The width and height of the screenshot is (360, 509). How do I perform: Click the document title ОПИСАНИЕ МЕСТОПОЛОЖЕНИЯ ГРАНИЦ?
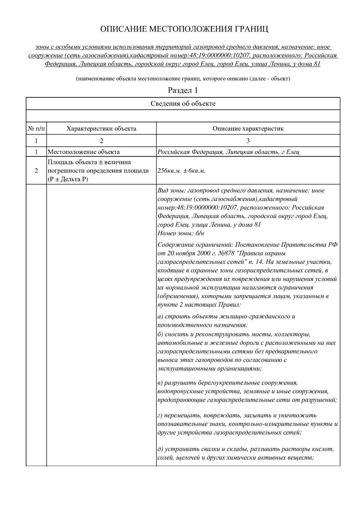pyautogui.click(x=184, y=29)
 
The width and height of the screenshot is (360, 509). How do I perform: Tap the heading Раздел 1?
pyautogui.click(x=183, y=90)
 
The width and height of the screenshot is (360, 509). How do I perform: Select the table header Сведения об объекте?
pyautogui.click(x=183, y=104)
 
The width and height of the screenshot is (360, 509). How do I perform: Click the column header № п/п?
pyautogui.click(x=36, y=129)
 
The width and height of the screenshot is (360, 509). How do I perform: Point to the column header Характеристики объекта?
pyautogui.click(x=101, y=129)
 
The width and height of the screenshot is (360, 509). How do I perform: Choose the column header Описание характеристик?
pyautogui.click(x=248, y=129)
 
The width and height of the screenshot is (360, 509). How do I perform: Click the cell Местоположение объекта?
pyautogui.click(x=84, y=152)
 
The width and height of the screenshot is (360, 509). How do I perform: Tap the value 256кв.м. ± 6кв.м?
pyautogui.click(x=181, y=171)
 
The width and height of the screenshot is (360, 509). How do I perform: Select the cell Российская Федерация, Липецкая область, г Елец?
pyautogui.click(x=228, y=152)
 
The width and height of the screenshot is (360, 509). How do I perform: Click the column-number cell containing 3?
pyautogui.click(x=248, y=141)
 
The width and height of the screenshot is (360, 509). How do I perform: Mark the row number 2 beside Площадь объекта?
pyautogui.click(x=36, y=171)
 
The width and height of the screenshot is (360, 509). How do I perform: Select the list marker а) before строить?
pyautogui.click(x=160, y=317)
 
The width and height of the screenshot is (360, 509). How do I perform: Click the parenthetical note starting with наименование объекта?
pyautogui.click(x=183, y=79)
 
